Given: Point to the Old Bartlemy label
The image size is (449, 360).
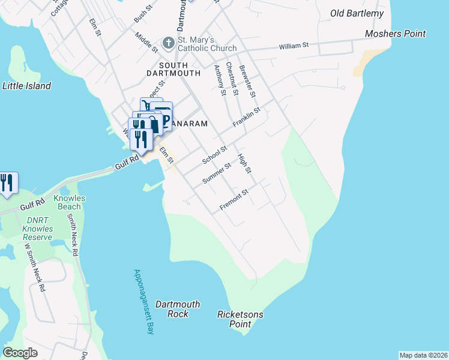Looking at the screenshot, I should (x=357, y=13).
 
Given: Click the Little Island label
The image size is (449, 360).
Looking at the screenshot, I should (x=27, y=86).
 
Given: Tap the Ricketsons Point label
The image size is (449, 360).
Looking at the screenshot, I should (x=240, y=319).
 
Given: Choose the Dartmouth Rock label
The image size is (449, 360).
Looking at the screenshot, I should (x=178, y=309).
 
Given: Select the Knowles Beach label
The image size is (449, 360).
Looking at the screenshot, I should (x=70, y=202).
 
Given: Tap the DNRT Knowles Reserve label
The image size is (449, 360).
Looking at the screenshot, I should (x=37, y=229).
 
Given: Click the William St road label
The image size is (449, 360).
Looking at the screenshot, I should (x=294, y=46).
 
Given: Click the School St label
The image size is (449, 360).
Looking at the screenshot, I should (x=214, y=155).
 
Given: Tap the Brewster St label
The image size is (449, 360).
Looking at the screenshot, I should (x=247, y=82).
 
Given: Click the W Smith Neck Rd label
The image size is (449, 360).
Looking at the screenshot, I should (x=35, y=267).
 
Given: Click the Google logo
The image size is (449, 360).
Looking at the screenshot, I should (x=20, y=353).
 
